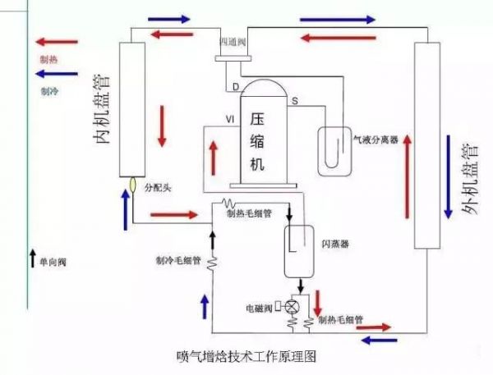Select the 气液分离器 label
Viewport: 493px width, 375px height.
tap(376, 140)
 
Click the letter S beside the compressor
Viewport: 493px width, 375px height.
tap(294, 100)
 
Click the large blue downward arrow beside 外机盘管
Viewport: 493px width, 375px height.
tap(448, 177)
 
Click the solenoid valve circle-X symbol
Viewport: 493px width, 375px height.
tap(288, 304)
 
